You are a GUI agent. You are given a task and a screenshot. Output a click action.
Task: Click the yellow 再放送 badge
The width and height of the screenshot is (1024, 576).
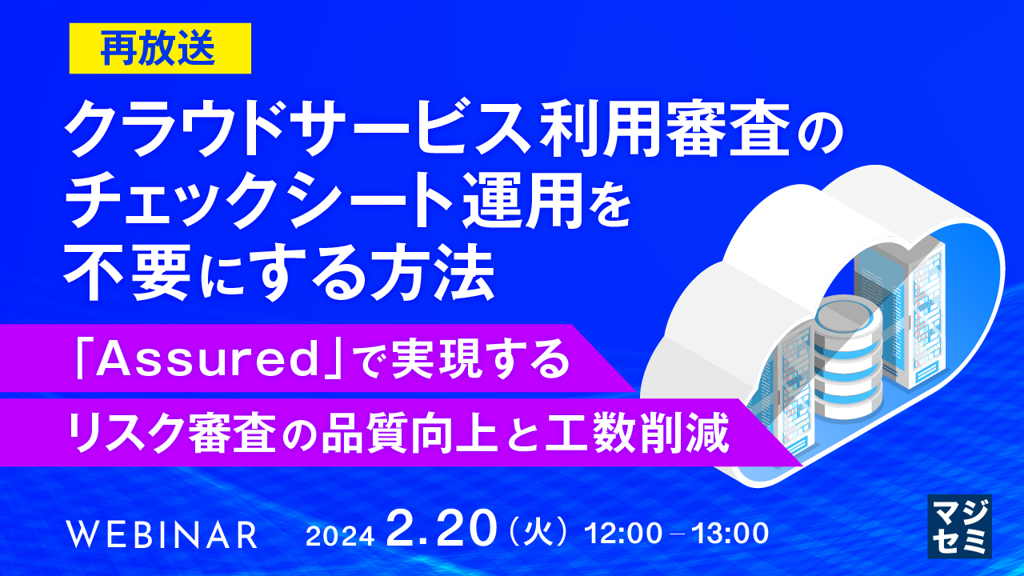[158, 49]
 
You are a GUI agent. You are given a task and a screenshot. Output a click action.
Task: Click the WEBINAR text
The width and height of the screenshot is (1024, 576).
[162, 534]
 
